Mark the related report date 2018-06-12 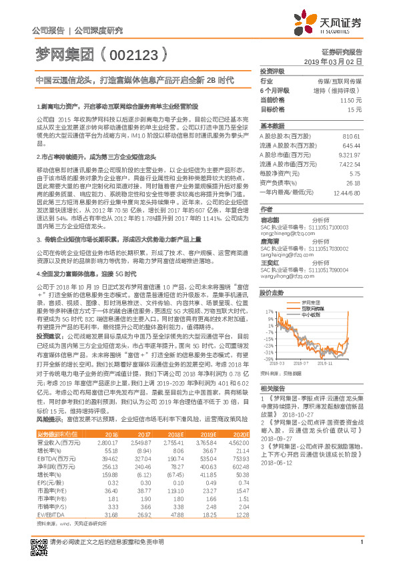pos(276,463)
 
